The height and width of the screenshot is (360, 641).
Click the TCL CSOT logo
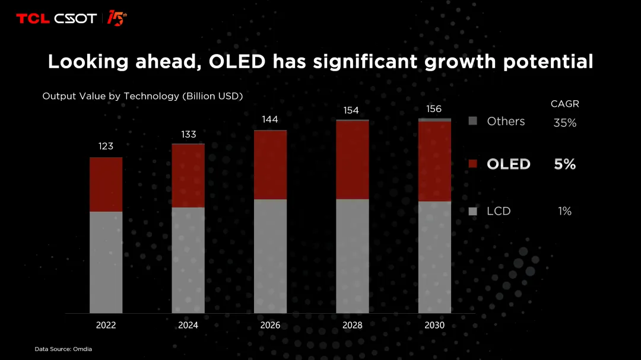point(56,18)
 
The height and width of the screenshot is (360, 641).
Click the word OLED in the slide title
point(236,61)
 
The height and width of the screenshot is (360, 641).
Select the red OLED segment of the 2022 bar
point(106,184)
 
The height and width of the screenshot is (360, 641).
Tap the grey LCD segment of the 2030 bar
point(434,257)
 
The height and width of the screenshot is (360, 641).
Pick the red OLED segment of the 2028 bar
point(352,160)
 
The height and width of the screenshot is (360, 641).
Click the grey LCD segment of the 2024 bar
point(188,260)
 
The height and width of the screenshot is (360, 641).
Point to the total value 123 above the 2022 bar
point(106,146)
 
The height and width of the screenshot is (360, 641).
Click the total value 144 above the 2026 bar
point(270,120)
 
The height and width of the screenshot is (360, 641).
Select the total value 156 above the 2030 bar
point(434,109)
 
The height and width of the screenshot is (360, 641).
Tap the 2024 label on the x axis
point(188,326)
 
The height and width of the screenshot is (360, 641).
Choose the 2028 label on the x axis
point(352,326)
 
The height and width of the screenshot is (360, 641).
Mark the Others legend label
point(506,121)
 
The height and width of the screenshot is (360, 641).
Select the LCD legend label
point(499,211)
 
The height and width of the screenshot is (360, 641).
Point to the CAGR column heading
point(564,104)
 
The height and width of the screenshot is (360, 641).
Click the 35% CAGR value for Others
point(564,123)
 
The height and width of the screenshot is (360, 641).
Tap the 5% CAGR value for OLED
point(564,164)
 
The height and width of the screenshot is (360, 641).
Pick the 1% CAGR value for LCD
point(564,211)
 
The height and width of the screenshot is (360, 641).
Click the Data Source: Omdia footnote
point(63,349)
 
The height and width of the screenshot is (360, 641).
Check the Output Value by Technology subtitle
point(142,96)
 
